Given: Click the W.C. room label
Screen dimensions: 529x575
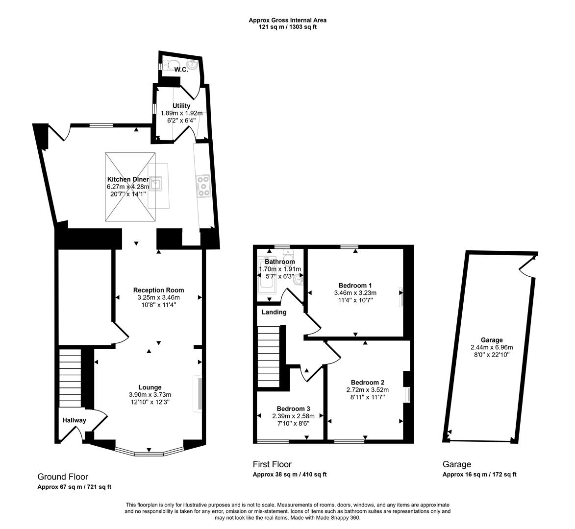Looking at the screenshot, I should pyautogui.click(x=181, y=70).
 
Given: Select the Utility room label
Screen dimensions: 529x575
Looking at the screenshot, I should pyautogui.click(x=181, y=106).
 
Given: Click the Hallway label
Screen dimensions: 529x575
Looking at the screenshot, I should pyautogui.click(x=74, y=420).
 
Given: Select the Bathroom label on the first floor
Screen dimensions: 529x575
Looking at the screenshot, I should pyautogui.click(x=276, y=262).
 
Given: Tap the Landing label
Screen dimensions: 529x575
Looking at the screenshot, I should pyautogui.click(x=274, y=312).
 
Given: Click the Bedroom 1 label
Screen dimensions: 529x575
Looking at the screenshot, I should pyautogui.click(x=355, y=286).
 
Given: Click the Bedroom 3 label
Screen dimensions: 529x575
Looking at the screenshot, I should pyautogui.click(x=293, y=409).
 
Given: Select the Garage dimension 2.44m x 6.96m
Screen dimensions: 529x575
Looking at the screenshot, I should pyautogui.click(x=491, y=347).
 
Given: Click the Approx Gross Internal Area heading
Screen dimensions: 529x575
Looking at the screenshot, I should pyautogui.click(x=287, y=20).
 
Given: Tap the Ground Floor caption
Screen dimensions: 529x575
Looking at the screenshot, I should pyautogui.click(x=63, y=477).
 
